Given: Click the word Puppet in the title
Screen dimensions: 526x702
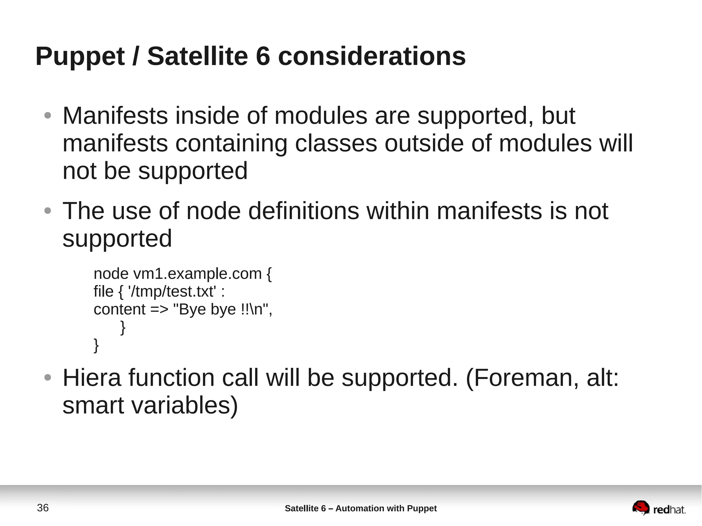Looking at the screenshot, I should pos(80,57).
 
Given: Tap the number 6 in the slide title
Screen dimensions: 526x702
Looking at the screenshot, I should pos(263,56).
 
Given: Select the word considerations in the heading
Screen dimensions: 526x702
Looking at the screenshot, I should pos(372,56).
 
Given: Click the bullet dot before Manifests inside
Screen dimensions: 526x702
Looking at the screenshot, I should pos(48,115).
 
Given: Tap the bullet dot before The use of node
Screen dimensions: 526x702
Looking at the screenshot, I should pos(48,211).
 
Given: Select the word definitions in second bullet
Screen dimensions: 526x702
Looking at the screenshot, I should pos(303,211).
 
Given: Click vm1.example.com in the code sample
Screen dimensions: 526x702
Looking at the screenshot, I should pos(197,274).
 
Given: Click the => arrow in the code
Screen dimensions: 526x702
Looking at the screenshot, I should pos(159,309).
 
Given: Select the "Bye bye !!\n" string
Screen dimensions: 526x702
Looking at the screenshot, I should pos(222,309).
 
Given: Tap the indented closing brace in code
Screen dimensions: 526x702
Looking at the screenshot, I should pos(123,327).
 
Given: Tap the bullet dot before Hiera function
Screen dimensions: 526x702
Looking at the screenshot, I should pos(48,378).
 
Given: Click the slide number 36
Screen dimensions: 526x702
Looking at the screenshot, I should pos(43,508).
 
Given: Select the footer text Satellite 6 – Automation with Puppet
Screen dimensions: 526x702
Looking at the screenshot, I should pos(361,509).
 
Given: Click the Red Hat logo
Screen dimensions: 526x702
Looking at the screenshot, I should pos(658,508).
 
